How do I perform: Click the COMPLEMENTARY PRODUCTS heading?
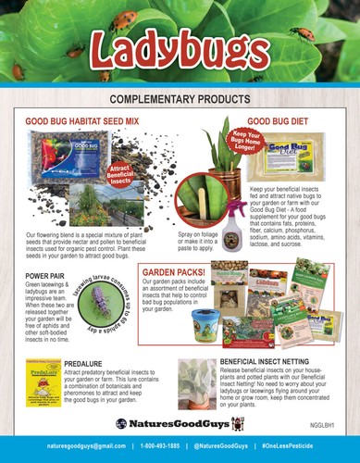[x=180, y=98]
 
